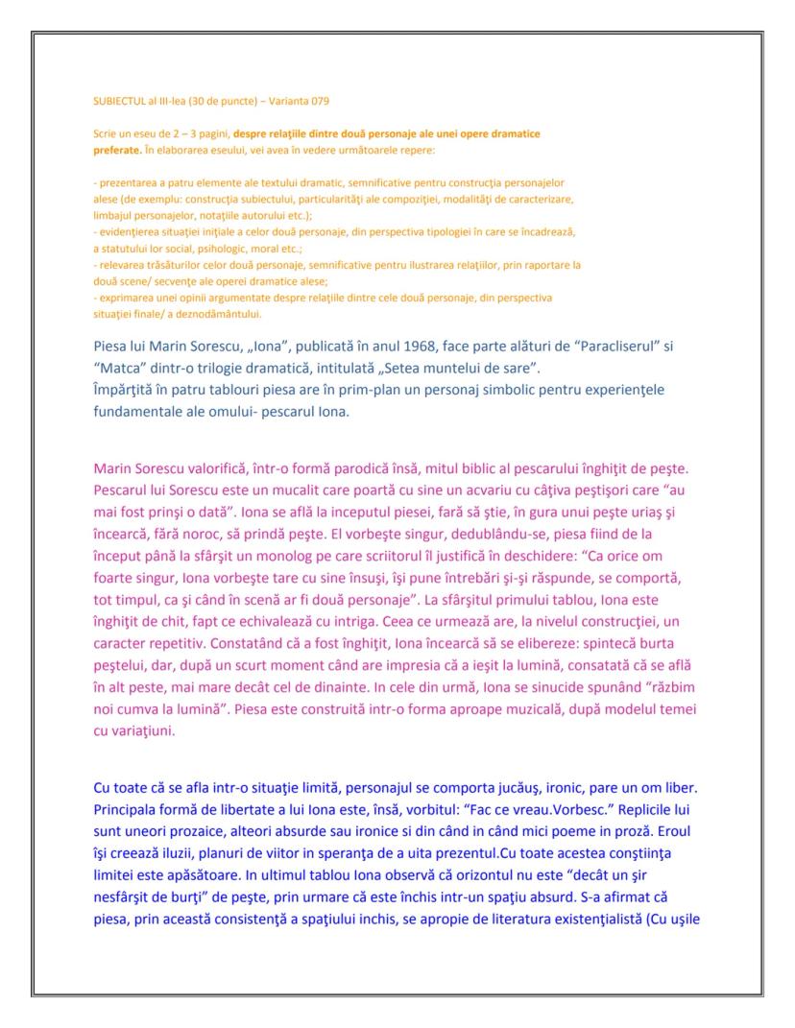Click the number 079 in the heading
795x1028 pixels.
pyautogui.click(x=320, y=101)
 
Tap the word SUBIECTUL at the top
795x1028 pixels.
pyautogui.click(x=117, y=101)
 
